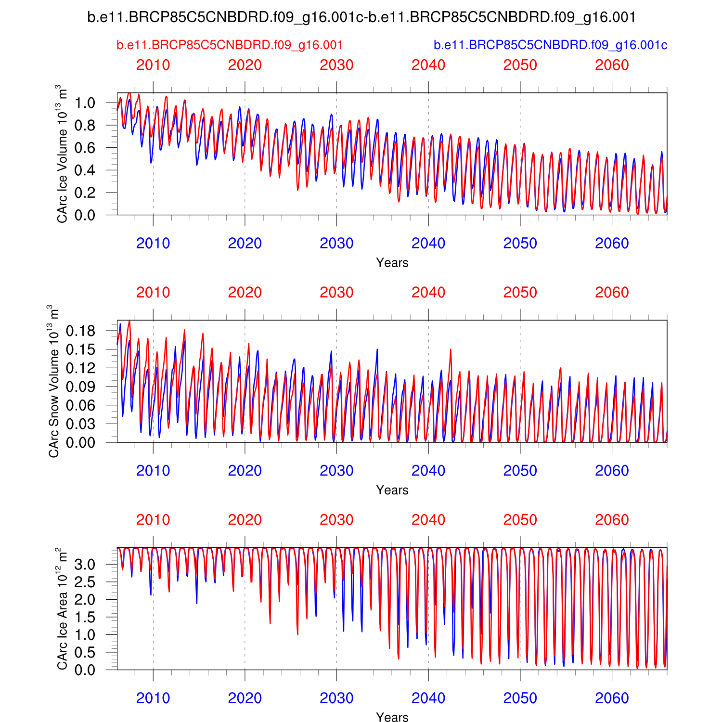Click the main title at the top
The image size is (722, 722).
tap(361, 17)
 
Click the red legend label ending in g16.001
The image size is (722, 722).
tap(230, 45)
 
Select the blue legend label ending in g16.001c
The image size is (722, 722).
tap(550, 45)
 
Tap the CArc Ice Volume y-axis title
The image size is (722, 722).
tap(62, 154)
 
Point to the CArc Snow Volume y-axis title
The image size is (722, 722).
tap(53, 381)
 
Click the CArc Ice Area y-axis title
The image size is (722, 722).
tap(62, 608)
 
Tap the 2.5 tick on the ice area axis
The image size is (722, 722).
tap(85, 582)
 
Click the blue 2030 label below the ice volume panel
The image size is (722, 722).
tap(336, 244)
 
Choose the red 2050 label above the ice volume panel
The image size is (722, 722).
tap(520, 65)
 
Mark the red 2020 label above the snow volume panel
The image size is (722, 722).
tap(245, 293)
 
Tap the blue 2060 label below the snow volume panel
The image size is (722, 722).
tap(612, 471)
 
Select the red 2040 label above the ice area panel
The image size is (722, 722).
tap(428, 520)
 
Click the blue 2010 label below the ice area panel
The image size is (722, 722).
tap(153, 698)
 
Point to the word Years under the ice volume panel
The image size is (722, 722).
tap(392, 263)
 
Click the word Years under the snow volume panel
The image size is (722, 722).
tap(392, 490)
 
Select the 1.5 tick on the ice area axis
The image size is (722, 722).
tap(85, 617)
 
